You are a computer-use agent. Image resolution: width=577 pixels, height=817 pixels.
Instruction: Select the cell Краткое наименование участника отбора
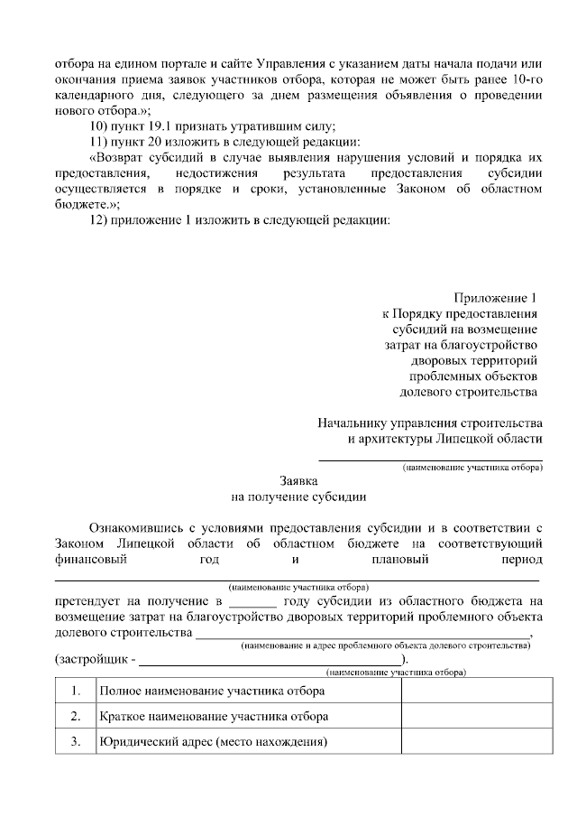214,717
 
